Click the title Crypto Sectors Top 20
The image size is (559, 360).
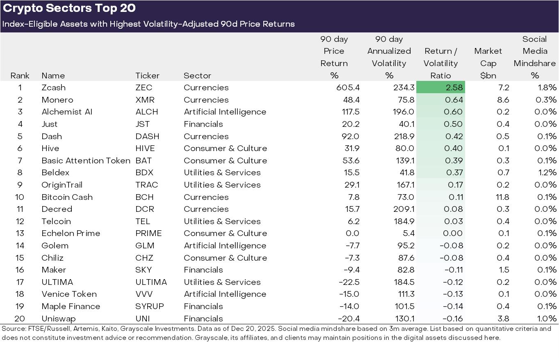[x=69, y=8]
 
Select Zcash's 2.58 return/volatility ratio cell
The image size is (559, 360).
[x=440, y=87]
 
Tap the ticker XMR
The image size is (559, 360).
[x=144, y=100]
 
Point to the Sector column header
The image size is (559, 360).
[x=197, y=76]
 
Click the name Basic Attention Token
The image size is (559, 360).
[x=86, y=161]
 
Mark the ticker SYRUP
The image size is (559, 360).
[x=150, y=306]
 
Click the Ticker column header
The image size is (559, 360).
[x=147, y=76]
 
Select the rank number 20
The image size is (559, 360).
[x=20, y=319]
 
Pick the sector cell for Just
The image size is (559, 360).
[x=203, y=124]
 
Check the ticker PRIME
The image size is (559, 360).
[x=148, y=233]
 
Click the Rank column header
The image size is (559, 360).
[x=20, y=76]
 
